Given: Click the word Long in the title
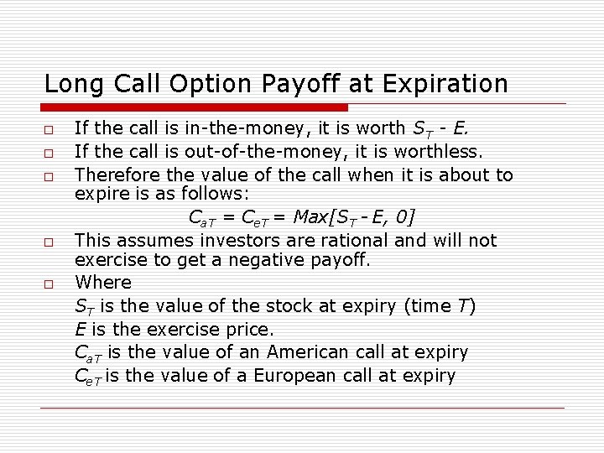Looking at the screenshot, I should click(x=71, y=84).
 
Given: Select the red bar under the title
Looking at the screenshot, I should click(x=195, y=107).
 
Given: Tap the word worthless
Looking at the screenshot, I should click(x=439, y=152).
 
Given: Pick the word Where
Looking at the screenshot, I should click(x=102, y=283).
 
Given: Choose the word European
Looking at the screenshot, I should click(x=296, y=376).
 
